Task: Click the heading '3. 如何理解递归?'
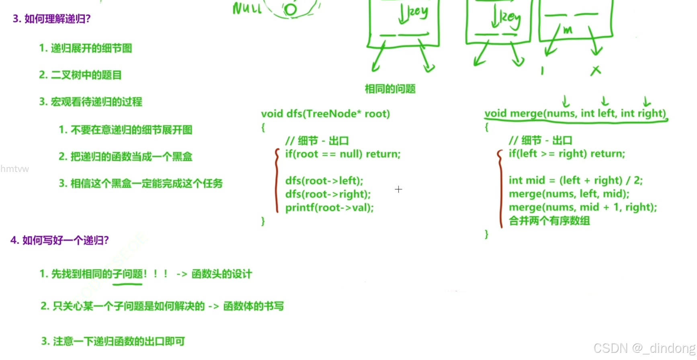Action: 51,19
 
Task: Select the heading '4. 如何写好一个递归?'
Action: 59,240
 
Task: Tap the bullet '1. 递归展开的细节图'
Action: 85,48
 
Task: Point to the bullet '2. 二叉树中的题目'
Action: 80,75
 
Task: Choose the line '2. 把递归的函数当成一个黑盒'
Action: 125,157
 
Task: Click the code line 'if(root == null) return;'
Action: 342,154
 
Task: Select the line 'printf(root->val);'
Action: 329,208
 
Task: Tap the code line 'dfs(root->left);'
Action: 324,181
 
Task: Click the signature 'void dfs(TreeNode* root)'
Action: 325,114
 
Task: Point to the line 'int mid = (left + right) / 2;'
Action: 575,180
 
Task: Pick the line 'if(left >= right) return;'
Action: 566,154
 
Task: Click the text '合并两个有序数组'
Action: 549,221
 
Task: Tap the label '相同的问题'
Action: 390,89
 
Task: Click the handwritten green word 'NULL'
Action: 247,8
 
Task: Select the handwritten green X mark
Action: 595,71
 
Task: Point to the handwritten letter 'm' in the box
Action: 567,30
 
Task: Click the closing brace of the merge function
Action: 486,234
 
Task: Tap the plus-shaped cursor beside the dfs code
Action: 398,189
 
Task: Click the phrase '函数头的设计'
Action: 221,274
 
